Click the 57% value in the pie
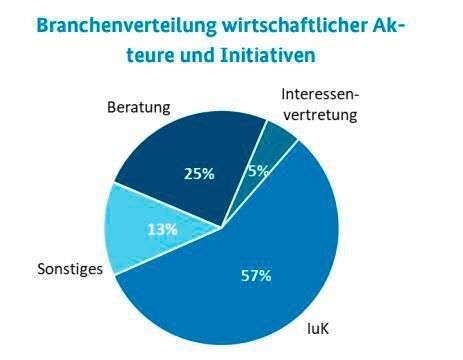click(x=257, y=276)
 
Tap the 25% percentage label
click(x=200, y=174)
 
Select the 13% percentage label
click(x=164, y=229)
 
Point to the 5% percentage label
click(x=259, y=171)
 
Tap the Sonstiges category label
click(x=70, y=269)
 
